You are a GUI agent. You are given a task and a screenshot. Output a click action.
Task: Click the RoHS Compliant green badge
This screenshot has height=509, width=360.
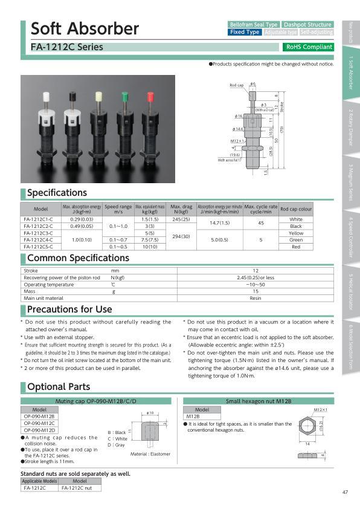point(308,47)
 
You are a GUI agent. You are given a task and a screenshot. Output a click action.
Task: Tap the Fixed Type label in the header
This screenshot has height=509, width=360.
point(245,32)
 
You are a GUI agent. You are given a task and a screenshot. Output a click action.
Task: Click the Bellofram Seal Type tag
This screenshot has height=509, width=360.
point(253,24)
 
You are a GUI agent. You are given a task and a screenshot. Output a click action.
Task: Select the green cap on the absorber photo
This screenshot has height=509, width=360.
point(125,97)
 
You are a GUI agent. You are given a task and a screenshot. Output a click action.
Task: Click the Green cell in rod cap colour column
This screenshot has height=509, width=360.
point(296,239)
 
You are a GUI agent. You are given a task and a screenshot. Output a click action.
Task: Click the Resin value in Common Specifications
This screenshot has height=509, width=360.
point(255,298)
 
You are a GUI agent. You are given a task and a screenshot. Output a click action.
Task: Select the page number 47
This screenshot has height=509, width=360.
point(344,492)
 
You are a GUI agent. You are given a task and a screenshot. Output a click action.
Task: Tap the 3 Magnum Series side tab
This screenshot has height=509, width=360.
point(351,182)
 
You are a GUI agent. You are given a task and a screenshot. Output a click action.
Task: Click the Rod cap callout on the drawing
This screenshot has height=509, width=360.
point(237,86)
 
